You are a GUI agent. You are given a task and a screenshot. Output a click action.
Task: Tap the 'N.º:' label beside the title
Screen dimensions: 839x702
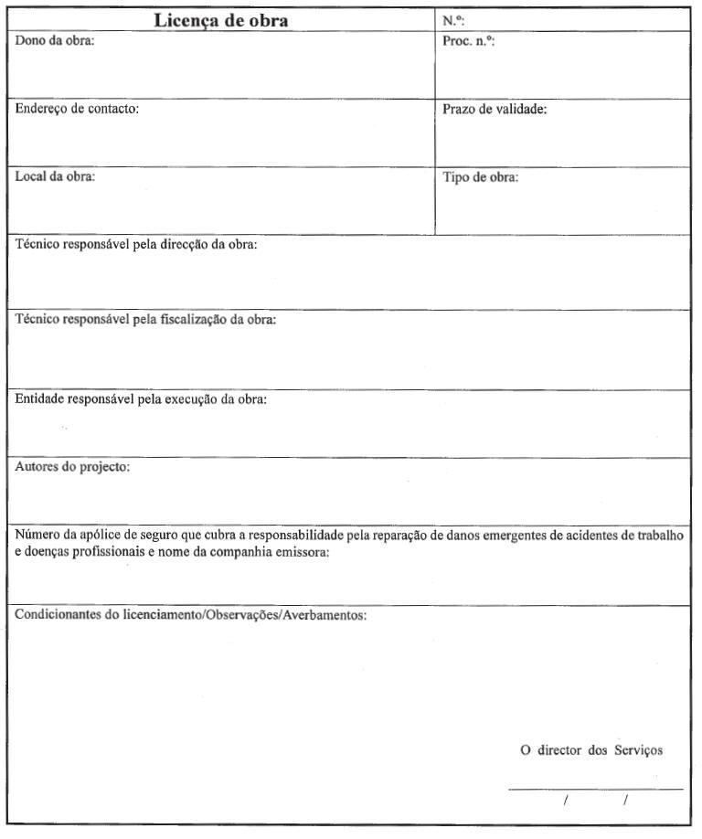(x=454, y=21)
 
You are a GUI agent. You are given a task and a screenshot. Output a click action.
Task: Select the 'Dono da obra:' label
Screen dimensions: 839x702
(x=55, y=42)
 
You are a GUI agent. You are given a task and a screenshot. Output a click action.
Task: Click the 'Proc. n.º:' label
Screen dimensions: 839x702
(x=468, y=42)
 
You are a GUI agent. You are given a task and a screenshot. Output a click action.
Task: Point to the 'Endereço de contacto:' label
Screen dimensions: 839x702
(x=77, y=110)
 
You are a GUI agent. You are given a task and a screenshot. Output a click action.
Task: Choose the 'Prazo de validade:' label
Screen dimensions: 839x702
(x=495, y=110)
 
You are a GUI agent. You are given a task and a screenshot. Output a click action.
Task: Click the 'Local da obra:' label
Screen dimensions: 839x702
(x=55, y=177)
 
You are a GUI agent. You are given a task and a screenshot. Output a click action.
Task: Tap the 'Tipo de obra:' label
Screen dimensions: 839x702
(x=481, y=177)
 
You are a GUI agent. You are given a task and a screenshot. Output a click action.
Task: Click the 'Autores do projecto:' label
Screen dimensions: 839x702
(x=73, y=467)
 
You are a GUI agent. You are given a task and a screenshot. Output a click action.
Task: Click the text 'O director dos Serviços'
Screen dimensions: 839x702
(x=591, y=750)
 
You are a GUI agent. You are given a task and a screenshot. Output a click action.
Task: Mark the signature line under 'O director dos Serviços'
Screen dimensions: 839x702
(x=595, y=789)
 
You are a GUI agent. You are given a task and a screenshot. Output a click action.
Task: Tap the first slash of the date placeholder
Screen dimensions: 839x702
(x=566, y=802)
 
